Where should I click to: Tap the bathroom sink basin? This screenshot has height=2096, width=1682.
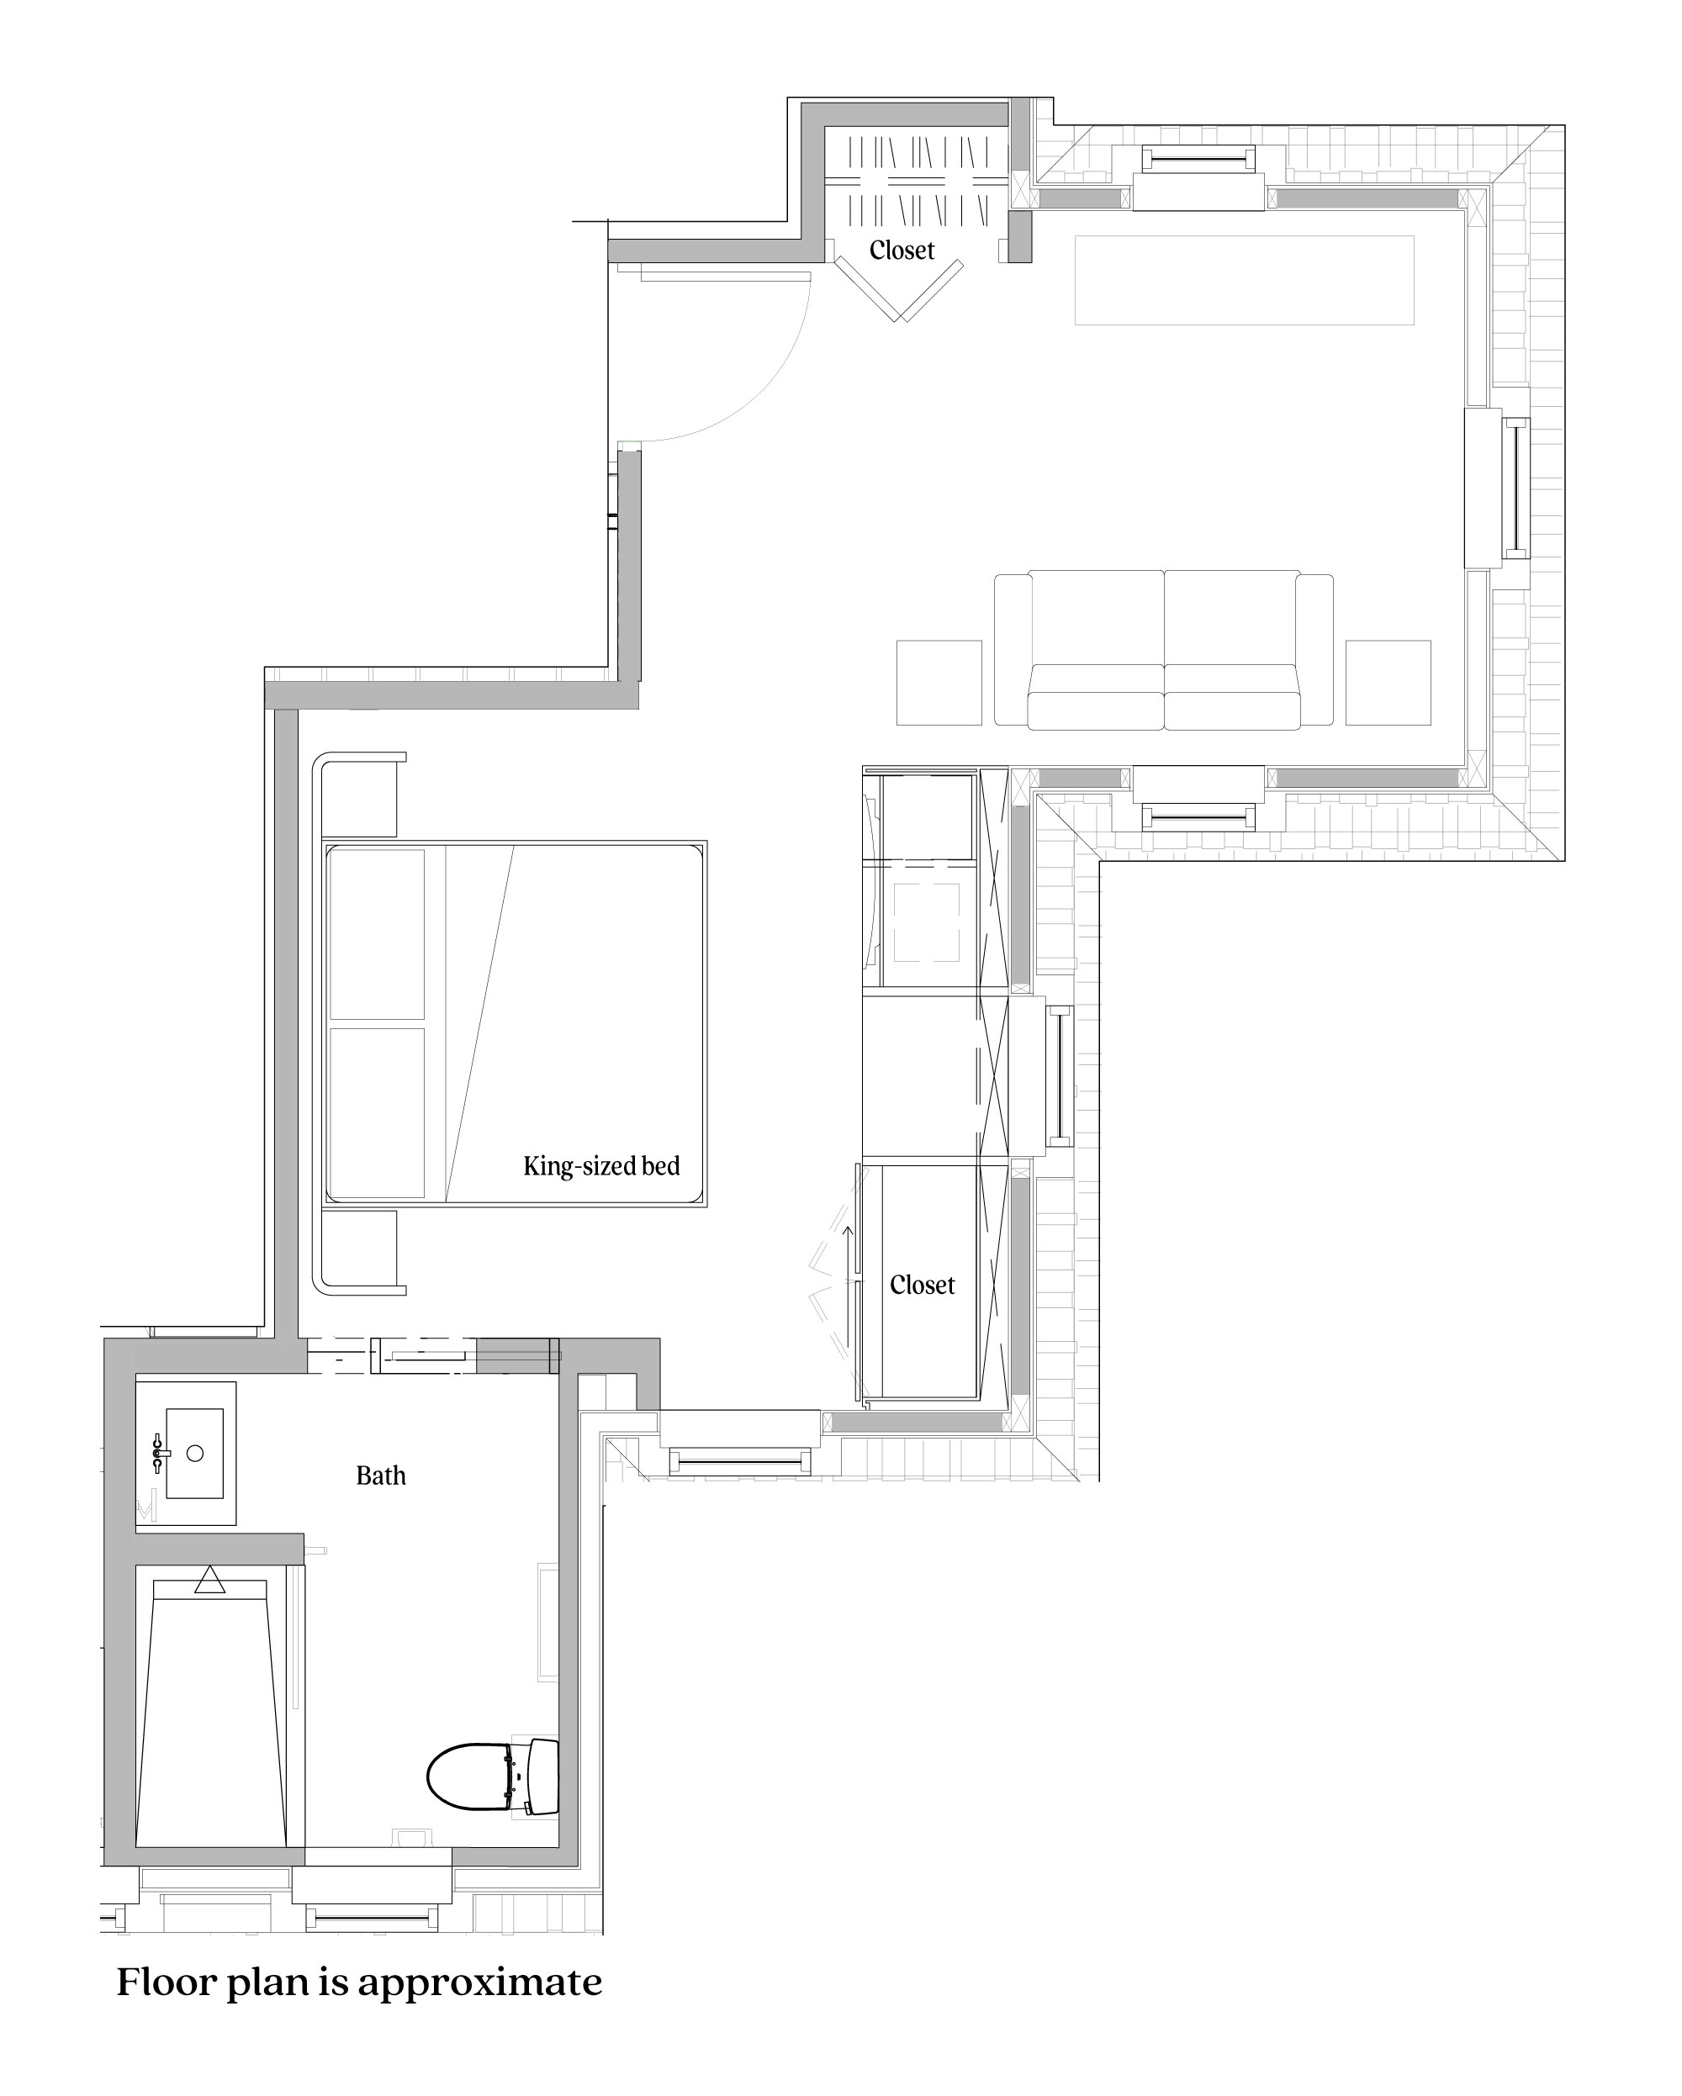click(194, 1454)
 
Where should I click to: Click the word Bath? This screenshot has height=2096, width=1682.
click(380, 1476)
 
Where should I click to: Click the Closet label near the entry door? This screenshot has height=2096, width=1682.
click(902, 251)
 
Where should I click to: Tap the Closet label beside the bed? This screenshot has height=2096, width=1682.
click(922, 1286)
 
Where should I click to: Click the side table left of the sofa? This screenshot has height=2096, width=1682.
click(939, 683)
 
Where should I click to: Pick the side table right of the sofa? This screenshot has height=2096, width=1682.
click(1388, 683)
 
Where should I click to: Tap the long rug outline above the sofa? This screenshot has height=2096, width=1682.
click(1244, 280)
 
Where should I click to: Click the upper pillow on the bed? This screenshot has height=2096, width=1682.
click(378, 933)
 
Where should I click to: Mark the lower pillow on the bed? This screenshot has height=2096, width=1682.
click(378, 1112)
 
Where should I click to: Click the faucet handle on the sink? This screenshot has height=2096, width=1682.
click(157, 1454)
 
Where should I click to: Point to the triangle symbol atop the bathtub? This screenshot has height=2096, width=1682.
click(209, 1581)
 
